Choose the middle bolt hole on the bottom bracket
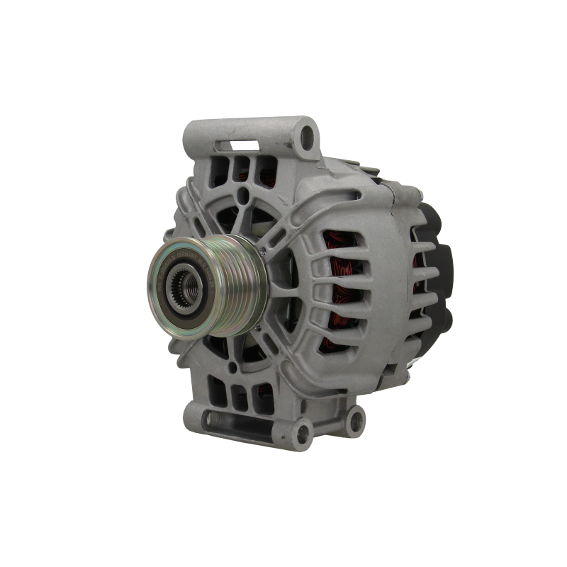tap(305, 427)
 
